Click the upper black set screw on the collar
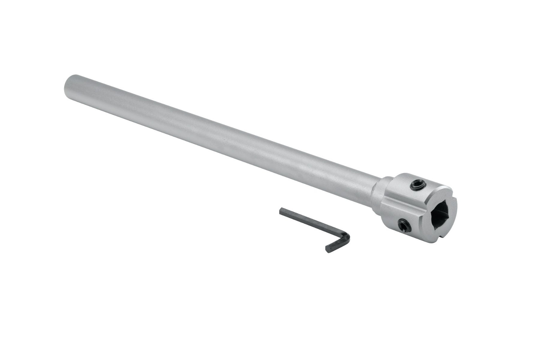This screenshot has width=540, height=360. [418, 185]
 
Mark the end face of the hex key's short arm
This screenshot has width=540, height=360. [328, 249]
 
